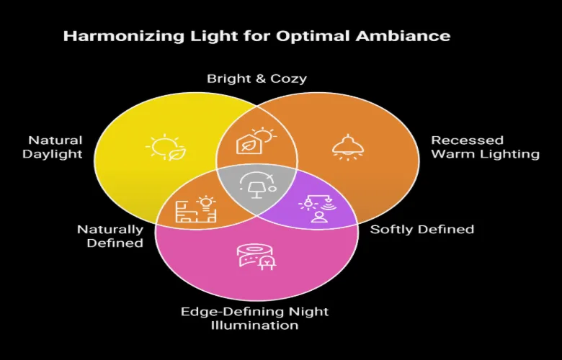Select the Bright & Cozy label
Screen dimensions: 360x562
tap(257, 78)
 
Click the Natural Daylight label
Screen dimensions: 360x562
tap(55, 147)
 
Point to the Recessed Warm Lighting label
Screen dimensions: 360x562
tap(485, 147)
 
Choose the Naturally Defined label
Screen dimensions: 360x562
tap(110, 236)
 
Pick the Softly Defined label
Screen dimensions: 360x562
tap(421, 230)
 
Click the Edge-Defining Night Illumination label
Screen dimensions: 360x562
tap(254, 318)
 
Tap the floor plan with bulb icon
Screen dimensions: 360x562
tap(195, 210)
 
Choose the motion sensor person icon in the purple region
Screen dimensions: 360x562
tap(317, 209)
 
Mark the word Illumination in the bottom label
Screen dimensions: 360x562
tap(254, 325)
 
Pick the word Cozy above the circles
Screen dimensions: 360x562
tap(288, 78)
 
